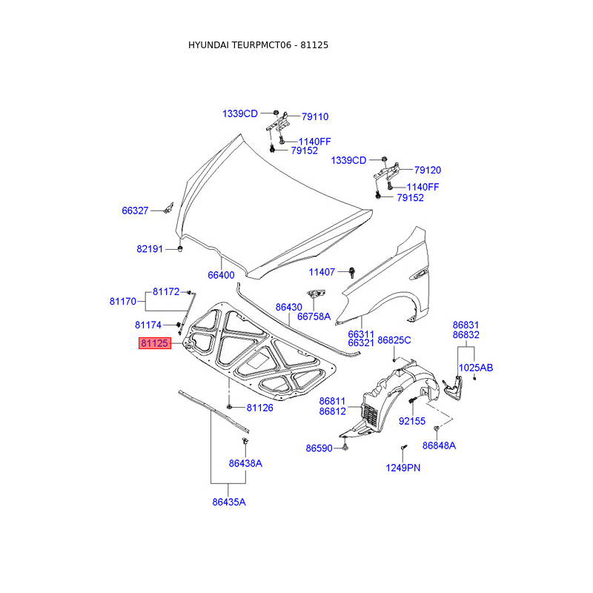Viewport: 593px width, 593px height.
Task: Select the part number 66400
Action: [x=220, y=275]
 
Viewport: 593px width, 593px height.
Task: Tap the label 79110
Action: [x=314, y=117]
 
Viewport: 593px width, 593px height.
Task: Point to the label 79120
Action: [x=428, y=170]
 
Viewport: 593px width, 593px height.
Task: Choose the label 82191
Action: [x=149, y=249]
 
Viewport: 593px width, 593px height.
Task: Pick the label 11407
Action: [x=322, y=272]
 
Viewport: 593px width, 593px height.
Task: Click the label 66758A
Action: [x=314, y=317]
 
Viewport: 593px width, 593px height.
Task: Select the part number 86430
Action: [x=288, y=307]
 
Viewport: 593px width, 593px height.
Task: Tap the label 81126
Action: [x=259, y=408]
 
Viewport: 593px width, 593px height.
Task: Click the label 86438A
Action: [x=245, y=463]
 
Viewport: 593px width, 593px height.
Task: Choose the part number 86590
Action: [x=319, y=448]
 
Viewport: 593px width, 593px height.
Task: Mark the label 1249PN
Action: [x=402, y=468]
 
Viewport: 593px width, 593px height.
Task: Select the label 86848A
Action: [x=439, y=445]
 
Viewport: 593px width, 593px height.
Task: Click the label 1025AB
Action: [x=475, y=368]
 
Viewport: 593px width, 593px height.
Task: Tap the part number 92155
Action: [x=413, y=421]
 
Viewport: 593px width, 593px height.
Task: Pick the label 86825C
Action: [x=394, y=340]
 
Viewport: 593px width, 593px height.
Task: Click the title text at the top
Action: [x=258, y=45]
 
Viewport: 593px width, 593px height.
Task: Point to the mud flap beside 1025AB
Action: [x=451, y=388]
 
